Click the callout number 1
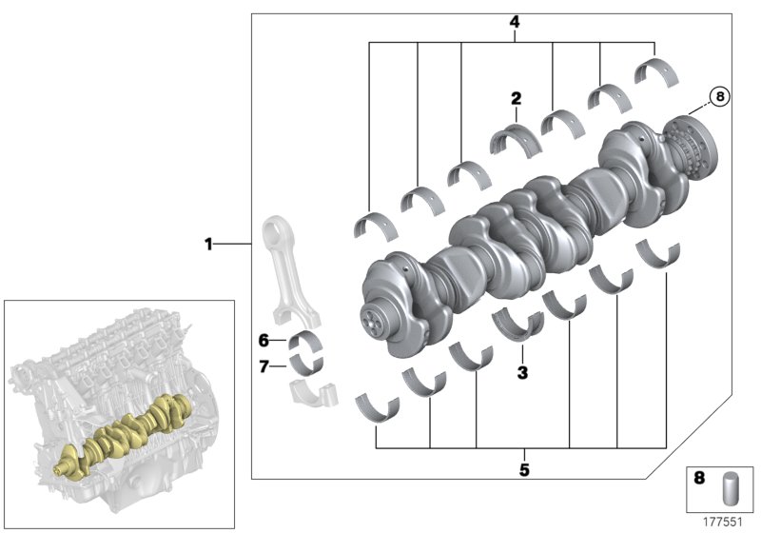[x=208, y=245]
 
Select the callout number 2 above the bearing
[x=517, y=98]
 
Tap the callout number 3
[x=522, y=373]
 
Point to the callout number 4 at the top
[x=515, y=21]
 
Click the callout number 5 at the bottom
[x=524, y=468]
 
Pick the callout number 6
[x=263, y=340]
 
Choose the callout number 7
[x=263, y=364]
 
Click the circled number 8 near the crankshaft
[x=720, y=96]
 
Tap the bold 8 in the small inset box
[x=699, y=480]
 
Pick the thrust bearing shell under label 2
[x=515, y=139]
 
